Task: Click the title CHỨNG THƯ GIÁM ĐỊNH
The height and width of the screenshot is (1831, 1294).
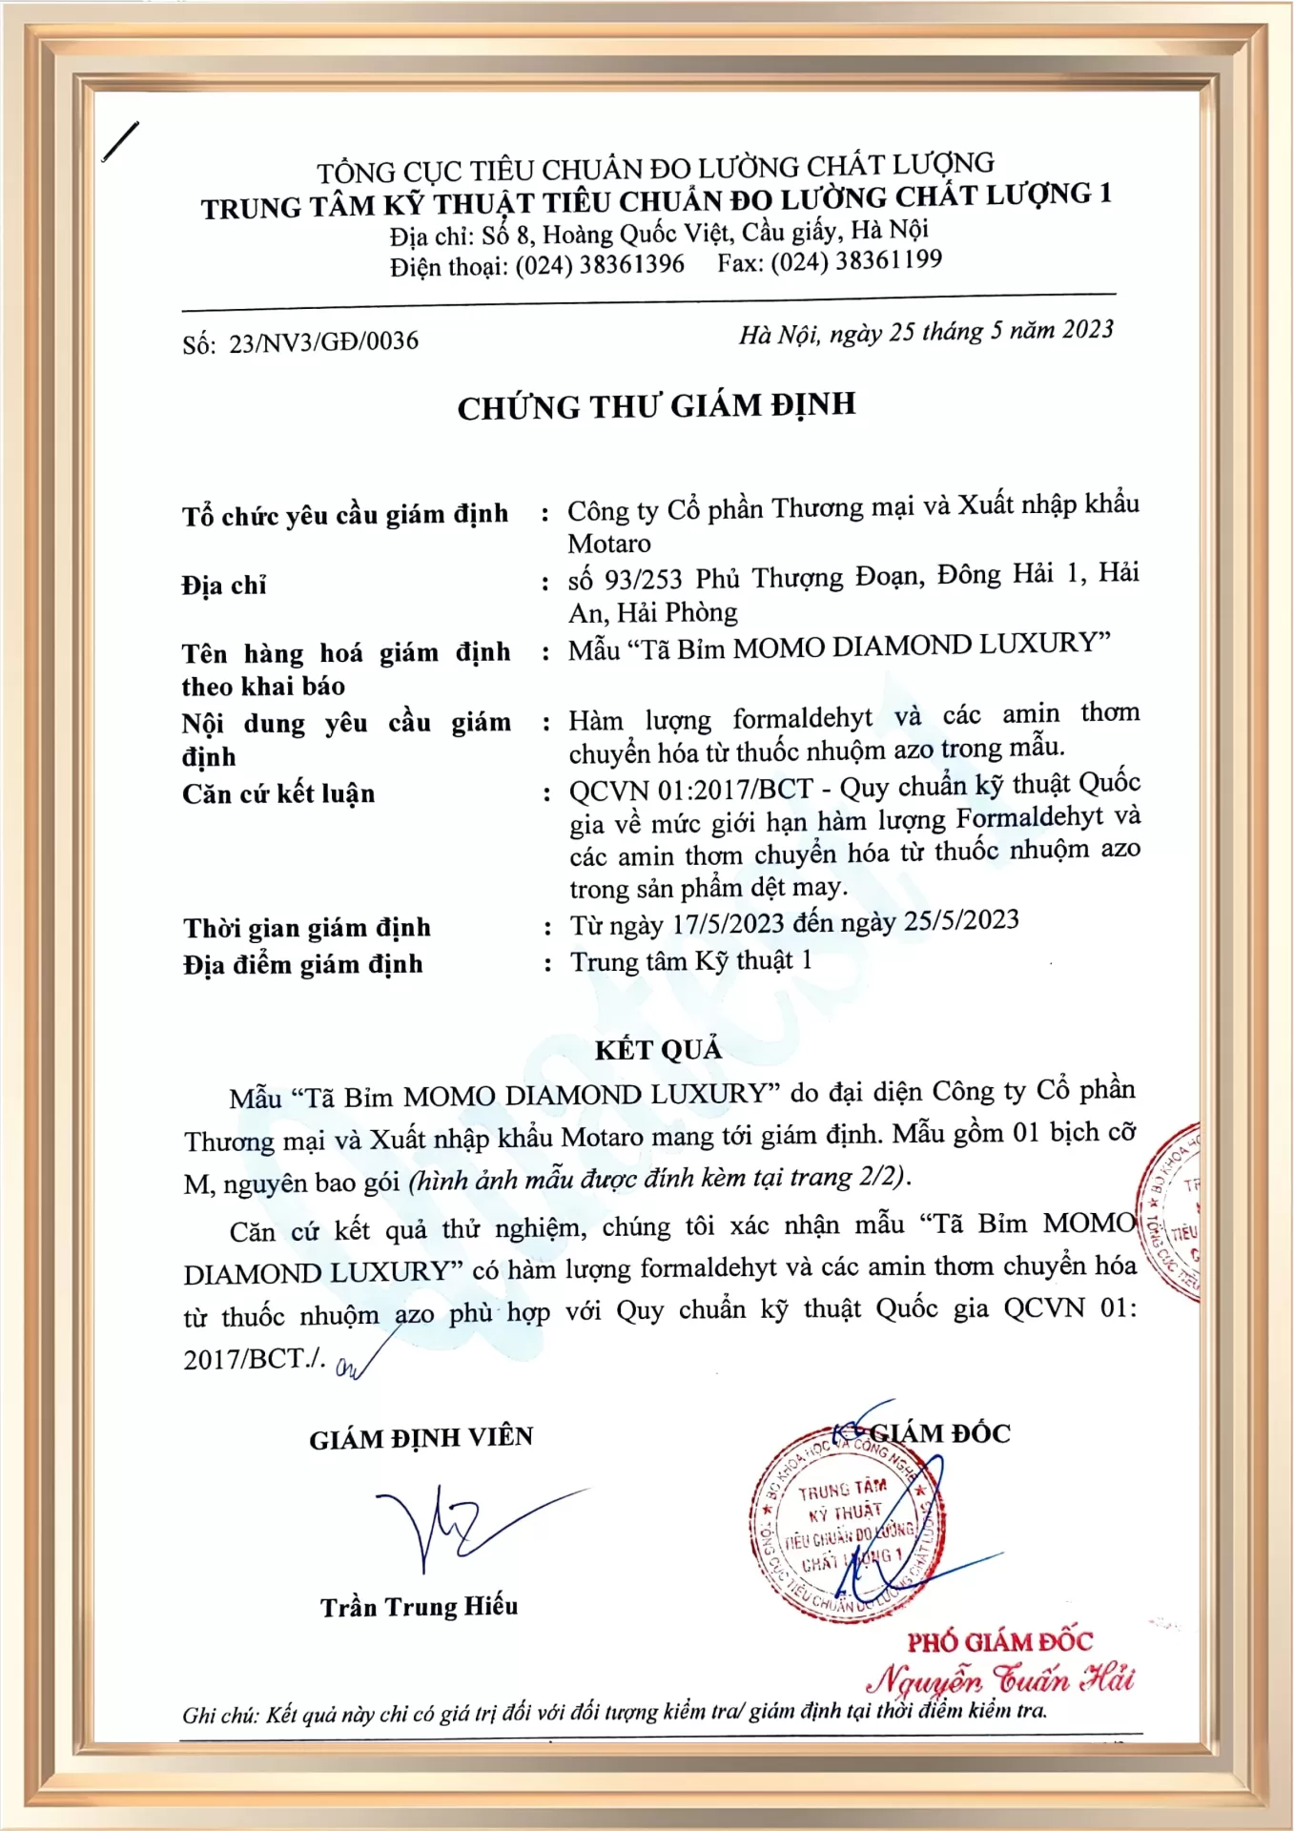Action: pos(656,406)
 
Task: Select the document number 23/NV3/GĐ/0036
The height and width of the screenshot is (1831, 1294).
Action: pos(323,341)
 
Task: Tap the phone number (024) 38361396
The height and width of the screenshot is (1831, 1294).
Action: pos(600,264)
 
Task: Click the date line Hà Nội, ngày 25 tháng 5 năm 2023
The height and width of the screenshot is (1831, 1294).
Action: pos(925,332)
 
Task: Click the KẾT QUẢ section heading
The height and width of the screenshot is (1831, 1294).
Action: pos(658,1050)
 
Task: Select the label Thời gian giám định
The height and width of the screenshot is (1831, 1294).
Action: pos(307,928)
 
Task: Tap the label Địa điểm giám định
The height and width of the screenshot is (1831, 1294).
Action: pos(302,965)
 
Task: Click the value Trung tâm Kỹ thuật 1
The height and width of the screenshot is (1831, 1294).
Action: pos(691,961)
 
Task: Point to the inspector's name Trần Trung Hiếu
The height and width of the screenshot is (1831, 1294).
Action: pos(419,1607)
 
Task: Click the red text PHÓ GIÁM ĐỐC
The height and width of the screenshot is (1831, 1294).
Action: pos(999,1642)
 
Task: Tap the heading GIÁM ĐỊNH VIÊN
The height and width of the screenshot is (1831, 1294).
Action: pos(421,1438)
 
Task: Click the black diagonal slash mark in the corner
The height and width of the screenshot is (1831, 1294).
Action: pos(120,141)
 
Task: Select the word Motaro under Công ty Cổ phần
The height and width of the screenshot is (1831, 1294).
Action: pos(609,544)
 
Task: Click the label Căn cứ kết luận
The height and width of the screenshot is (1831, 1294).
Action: pos(278,793)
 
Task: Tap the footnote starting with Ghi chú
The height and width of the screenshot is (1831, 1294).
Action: pos(614,1713)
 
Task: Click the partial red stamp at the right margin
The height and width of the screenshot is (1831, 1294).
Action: pos(1171,1211)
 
